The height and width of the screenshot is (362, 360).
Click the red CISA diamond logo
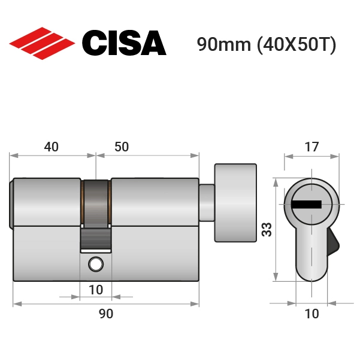(42, 44)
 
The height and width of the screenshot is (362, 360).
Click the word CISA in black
(124, 43)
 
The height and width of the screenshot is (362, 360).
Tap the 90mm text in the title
(224, 44)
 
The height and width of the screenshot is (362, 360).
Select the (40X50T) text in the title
(297, 45)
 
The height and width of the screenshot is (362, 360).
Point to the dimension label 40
(52, 147)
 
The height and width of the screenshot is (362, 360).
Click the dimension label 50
(122, 147)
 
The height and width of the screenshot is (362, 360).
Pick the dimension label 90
(106, 314)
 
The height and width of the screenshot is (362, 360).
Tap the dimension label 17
(311, 147)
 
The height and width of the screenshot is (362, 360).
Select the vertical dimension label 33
(267, 229)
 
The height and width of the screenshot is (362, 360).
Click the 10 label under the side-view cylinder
(96, 290)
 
